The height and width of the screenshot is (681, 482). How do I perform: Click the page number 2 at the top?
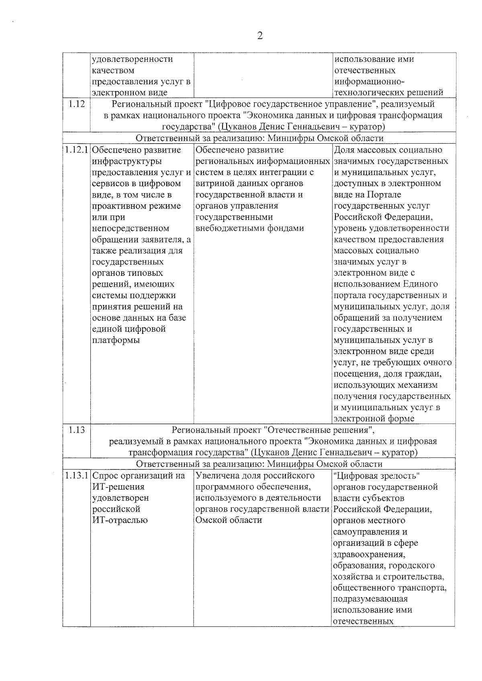point(259,36)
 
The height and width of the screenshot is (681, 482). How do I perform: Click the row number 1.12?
point(76,104)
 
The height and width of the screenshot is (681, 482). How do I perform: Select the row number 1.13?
point(76,430)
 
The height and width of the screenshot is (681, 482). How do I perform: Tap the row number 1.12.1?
point(76,150)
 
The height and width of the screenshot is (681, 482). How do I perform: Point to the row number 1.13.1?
point(76,476)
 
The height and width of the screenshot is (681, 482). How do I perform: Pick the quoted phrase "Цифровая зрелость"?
point(376,476)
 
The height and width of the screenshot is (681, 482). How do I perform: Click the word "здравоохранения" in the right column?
point(369,555)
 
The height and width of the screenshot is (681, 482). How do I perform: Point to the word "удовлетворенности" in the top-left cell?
point(133,59)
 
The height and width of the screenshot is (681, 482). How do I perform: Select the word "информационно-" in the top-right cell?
point(369,82)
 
